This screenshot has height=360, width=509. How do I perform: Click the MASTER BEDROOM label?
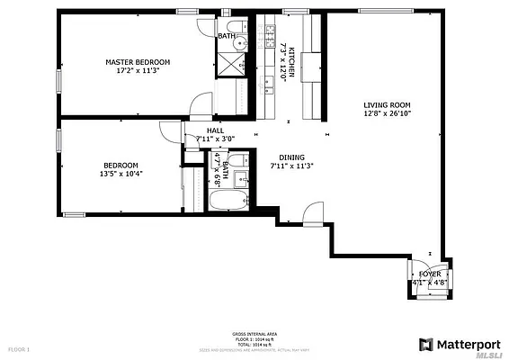138,62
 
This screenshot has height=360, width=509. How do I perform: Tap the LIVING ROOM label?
387,103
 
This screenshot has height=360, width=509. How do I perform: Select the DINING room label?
290,156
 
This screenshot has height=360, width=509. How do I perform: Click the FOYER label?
429,274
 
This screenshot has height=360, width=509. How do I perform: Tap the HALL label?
215,130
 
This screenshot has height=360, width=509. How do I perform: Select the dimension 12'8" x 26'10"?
387,113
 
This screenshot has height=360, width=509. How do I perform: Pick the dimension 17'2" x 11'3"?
138,72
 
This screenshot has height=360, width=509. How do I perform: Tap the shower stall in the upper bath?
228,66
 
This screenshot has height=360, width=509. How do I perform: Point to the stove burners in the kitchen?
268,35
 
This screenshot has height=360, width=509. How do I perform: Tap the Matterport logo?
457,344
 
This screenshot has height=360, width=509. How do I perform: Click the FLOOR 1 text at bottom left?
20,348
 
